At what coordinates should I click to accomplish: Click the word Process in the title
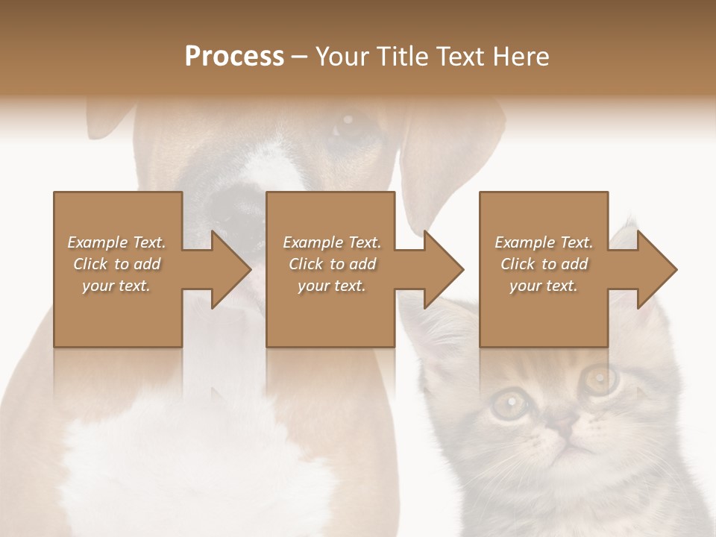coord(234,57)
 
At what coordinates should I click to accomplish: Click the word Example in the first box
coord(98,242)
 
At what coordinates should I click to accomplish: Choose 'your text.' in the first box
coord(116,286)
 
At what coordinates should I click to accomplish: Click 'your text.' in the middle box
coord(331,286)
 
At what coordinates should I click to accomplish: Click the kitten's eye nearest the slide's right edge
coord(597,379)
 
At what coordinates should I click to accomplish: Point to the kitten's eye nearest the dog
coord(510,403)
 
